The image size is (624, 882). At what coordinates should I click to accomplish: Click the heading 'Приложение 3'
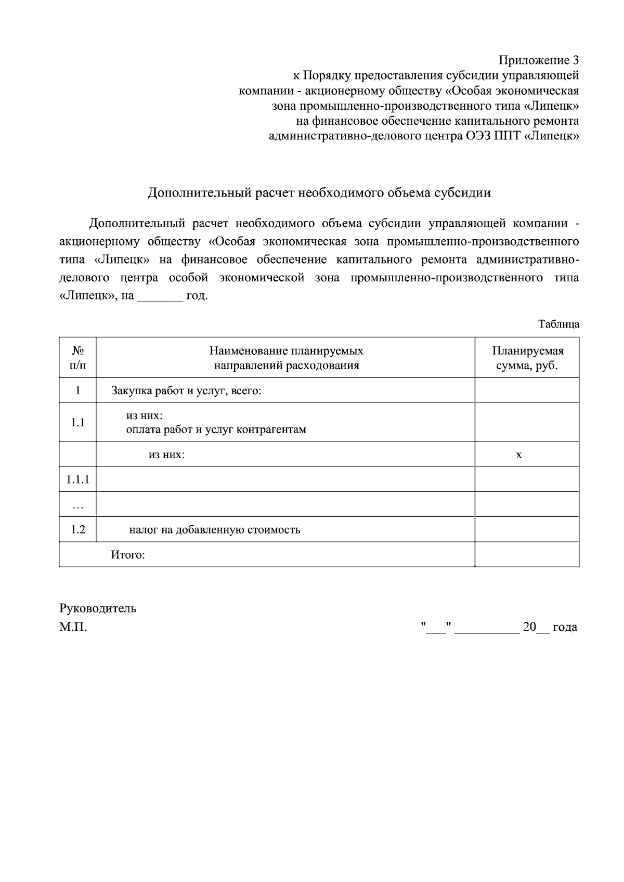pos(539,59)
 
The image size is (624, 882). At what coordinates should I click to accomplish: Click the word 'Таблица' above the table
pos(558,324)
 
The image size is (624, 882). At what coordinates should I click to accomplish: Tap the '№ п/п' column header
pos(77,358)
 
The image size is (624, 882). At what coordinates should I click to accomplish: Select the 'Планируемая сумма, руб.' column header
pos(527,358)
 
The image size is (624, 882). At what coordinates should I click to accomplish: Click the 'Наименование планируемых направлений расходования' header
pos(286,358)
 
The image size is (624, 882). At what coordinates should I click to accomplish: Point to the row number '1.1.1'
pos(77,479)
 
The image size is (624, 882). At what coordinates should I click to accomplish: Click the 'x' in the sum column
pos(518,455)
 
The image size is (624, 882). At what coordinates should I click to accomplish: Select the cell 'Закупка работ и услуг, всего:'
pos(186,391)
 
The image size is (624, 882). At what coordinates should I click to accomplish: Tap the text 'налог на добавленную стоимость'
pos(215,530)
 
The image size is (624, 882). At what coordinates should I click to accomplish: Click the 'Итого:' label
pos(128,555)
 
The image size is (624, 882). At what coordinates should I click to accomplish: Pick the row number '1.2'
pos(77,530)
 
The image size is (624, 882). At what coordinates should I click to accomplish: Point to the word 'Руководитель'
pos(98,608)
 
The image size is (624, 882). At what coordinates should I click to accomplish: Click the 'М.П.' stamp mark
pos(73,627)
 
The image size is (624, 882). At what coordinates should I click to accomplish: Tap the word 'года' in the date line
pos(565,627)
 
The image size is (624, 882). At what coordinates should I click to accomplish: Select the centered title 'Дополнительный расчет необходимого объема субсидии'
pos(319,193)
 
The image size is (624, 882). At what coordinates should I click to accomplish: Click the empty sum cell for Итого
pos(527,555)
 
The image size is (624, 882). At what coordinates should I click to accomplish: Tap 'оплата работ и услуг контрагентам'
pos(216,430)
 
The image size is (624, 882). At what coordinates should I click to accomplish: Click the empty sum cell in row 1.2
pos(527,530)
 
